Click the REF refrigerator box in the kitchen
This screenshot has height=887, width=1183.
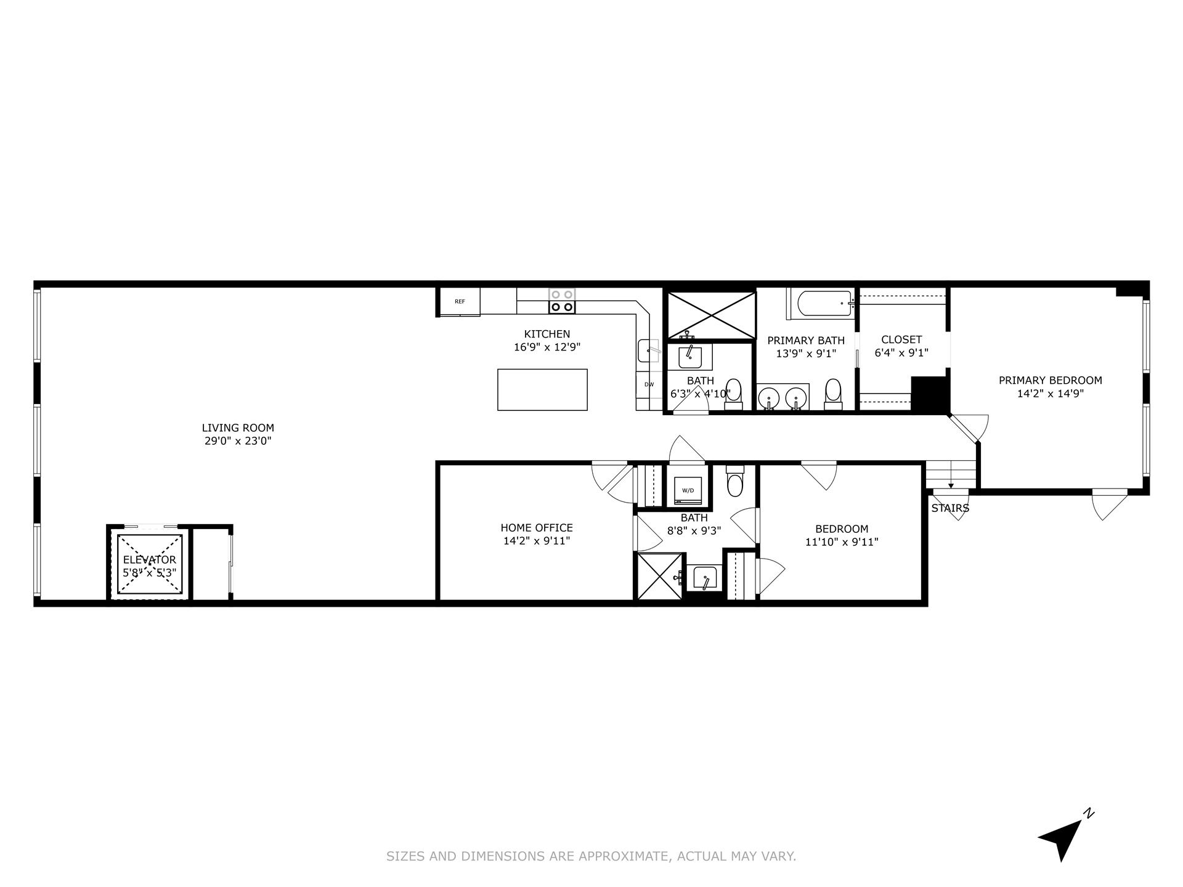(460, 301)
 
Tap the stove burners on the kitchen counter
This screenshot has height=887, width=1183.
(562, 301)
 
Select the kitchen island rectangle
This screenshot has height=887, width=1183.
(542, 389)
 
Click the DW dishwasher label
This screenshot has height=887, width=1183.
(649, 384)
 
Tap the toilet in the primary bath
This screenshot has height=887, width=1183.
(833, 394)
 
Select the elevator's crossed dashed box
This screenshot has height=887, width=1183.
(150, 564)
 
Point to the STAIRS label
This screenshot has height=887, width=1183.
(950, 508)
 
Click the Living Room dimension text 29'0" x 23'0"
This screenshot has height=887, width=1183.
(238, 441)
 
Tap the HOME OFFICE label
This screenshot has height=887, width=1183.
(536, 528)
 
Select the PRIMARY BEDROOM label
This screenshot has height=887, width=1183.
(1050, 381)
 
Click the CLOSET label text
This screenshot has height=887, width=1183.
(901, 339)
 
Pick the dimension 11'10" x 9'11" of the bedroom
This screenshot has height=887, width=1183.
(841, 542)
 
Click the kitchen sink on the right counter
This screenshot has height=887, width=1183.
(648, 351)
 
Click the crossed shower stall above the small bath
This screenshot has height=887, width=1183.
(711, 315)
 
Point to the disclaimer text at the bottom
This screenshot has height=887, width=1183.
(591, 856)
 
